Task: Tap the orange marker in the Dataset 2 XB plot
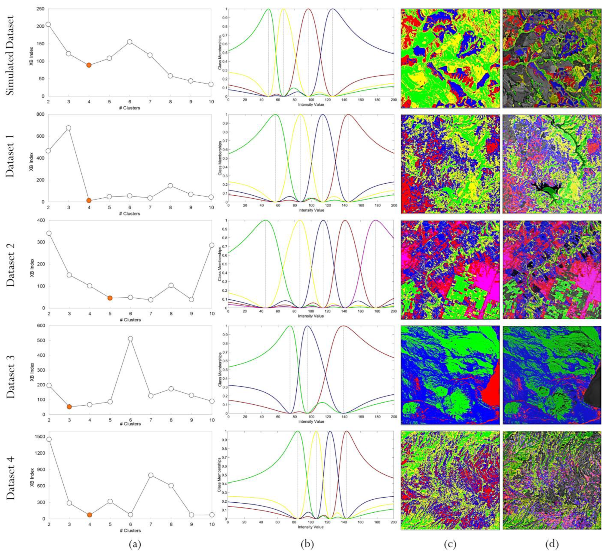pyautogui.click(x=110, y=298)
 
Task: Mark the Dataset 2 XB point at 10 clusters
pyautogui.click(x=211, y=245)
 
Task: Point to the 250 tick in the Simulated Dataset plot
pyautogui.click(x=41, y=9)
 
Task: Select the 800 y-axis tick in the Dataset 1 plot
pyautogui.click(x=40, y=114)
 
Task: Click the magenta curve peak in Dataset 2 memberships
pyautogui.click(x=375, y=220)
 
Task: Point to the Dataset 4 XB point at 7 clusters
pyautogui.click(x=150, y=475)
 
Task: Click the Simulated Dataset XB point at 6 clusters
pyautogui.click(x=130, y=42)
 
